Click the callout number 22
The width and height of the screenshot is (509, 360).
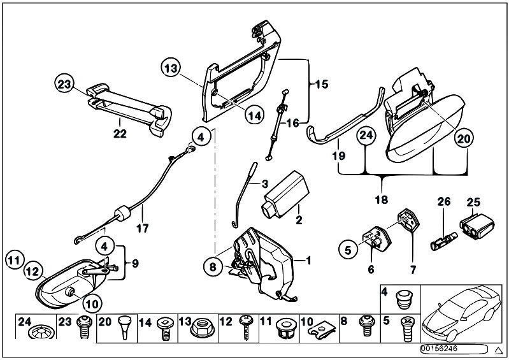point(120,133)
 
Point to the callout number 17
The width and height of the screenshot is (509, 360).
point(143,228)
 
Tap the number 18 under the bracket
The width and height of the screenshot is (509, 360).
point(382,199)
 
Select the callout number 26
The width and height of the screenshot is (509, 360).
point(444,201)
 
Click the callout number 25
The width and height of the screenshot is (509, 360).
point(473,202)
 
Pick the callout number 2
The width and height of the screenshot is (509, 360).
point(299,220)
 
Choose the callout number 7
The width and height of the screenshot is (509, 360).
point(413,270)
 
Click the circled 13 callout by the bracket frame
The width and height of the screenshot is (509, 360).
point(171,68)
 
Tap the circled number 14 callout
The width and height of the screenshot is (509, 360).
point(255,115)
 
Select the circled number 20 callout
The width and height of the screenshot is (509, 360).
point(464,139)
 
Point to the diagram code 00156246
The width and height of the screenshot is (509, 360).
point(439,349)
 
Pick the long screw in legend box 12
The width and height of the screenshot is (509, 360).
point(245,328)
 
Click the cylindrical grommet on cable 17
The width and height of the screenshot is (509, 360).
point(122,213)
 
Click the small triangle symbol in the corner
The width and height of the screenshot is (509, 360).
point(498,350)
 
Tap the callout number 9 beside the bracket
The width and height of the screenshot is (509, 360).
point(135,263)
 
